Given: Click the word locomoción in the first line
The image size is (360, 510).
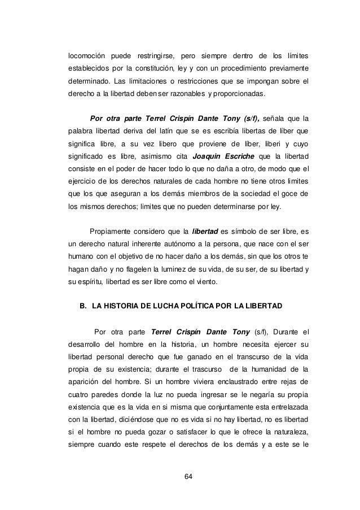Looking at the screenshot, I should (86, 56).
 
